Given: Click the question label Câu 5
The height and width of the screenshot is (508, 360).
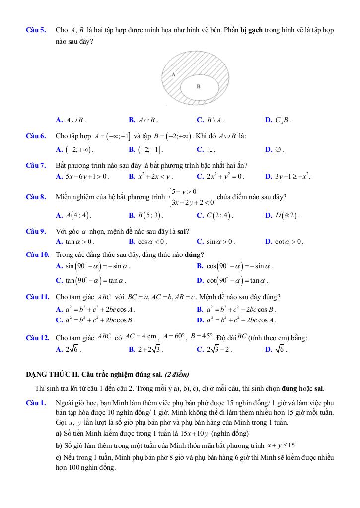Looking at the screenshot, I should pyautogui.click(x=36, y=30).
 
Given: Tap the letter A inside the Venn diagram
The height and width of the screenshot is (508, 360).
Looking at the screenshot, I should pyautogui.click(x=173, y=74).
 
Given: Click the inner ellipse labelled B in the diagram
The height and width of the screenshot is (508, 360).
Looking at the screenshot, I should pyautogui.click(x=199, y=87).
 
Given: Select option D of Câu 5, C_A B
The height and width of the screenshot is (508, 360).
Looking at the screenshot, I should pyautogui.click(x=282, y=120).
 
